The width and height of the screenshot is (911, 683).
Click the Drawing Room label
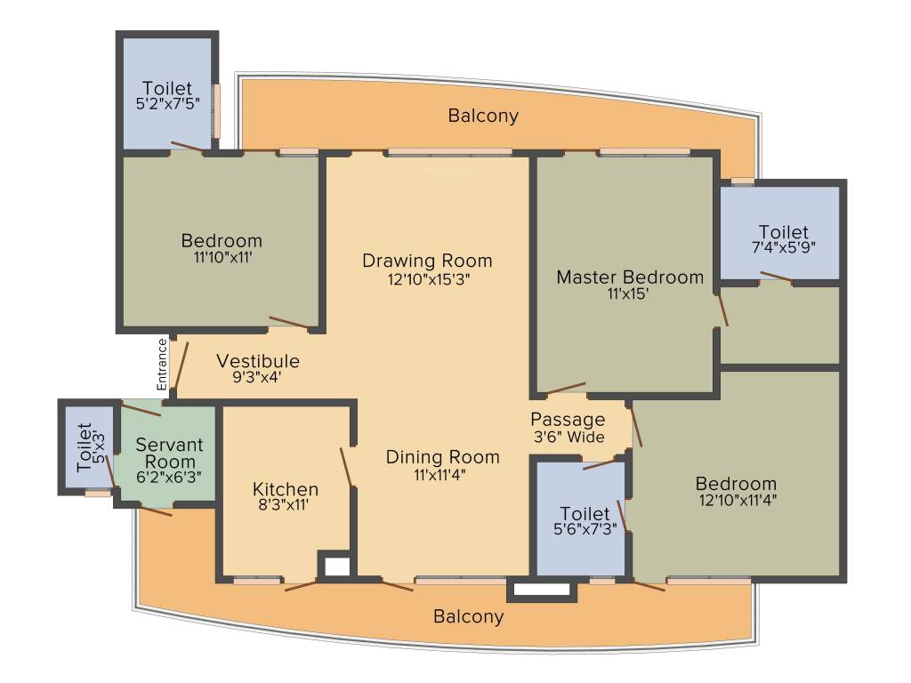(427, 261)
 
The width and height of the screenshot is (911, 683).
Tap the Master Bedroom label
(630, 277)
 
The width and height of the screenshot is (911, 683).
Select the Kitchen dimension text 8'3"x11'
(284, 505)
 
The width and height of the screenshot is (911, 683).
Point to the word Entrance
(162, 365)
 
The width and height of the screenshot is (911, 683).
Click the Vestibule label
(258, 361)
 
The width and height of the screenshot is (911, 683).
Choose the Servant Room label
(169, 454)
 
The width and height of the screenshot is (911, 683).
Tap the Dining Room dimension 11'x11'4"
(439, 475)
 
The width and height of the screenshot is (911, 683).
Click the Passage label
(568, 420)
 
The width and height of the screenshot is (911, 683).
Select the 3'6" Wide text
(568, 437)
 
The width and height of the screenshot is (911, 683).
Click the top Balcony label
(483, 116)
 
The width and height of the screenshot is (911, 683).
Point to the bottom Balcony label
(468, 616)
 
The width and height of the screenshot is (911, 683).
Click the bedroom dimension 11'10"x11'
(222, 257)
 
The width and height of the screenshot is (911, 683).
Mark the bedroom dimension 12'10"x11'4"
(738, 500)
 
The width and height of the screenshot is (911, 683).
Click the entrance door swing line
(181, 367)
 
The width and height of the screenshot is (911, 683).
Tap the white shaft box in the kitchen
(337, 566)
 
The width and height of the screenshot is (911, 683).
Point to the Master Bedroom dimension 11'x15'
(628, 293)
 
